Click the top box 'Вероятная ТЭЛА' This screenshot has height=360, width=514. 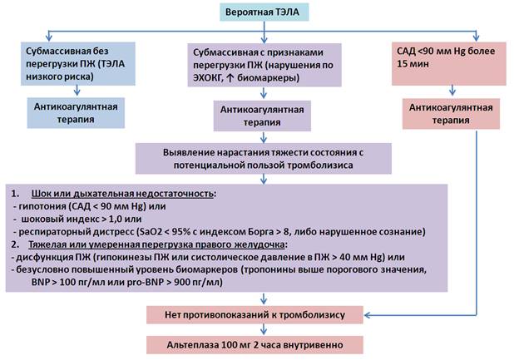264,12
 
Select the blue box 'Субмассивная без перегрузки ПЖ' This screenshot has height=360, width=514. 78,64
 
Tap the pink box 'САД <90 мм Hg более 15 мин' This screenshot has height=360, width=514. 449,63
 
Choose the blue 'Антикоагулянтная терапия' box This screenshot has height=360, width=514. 76,113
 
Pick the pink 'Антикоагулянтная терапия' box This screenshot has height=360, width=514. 451,114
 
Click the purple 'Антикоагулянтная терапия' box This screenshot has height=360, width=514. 262,116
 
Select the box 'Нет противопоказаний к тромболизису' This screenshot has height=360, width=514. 255,315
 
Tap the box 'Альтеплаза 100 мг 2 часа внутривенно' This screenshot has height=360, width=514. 255,345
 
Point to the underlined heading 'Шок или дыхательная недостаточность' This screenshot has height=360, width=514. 122,194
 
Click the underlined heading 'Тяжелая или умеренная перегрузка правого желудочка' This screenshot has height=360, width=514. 156,244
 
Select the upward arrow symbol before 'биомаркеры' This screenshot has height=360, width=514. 230,78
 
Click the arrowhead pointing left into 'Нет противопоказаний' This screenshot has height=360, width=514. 367,315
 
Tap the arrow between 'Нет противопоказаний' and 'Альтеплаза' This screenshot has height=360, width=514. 263,329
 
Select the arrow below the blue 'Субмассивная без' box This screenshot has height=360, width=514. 77,91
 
